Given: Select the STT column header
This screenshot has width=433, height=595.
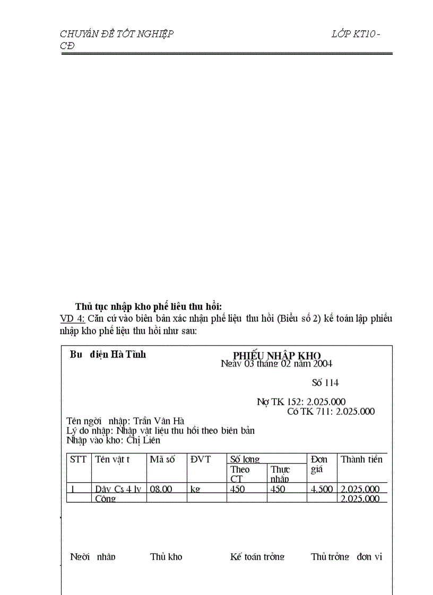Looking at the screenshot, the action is coord(78,459).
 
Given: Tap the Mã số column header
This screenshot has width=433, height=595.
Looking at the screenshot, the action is coord(162,459).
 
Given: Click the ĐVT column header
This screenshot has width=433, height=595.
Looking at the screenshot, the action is coord(201,459).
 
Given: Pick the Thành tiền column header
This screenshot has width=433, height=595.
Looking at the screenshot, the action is coord(361,459).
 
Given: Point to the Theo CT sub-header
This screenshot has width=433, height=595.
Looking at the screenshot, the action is coord(240,474).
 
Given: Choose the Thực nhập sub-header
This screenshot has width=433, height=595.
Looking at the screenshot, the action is coord(280,474).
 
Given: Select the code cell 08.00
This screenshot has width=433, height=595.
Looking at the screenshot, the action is coord(161,489).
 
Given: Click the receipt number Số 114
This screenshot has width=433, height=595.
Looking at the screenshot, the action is coord(325,383).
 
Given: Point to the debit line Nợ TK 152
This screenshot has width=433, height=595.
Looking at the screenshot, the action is coord(301,402).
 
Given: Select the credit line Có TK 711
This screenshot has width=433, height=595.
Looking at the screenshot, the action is coord(331,411).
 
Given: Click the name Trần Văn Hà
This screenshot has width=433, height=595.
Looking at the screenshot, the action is coord(159,421).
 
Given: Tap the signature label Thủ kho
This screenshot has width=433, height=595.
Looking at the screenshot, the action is coord(166,556).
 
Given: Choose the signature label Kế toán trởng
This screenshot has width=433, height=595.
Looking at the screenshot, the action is coord(257,556).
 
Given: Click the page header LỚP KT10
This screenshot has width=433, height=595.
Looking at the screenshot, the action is coord(354,34).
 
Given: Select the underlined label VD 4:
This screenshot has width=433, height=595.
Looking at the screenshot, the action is coord(73,318).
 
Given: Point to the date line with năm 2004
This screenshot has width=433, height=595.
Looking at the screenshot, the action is coord(276,363).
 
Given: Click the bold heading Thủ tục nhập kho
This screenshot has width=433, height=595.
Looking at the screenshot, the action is coord(148,306).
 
